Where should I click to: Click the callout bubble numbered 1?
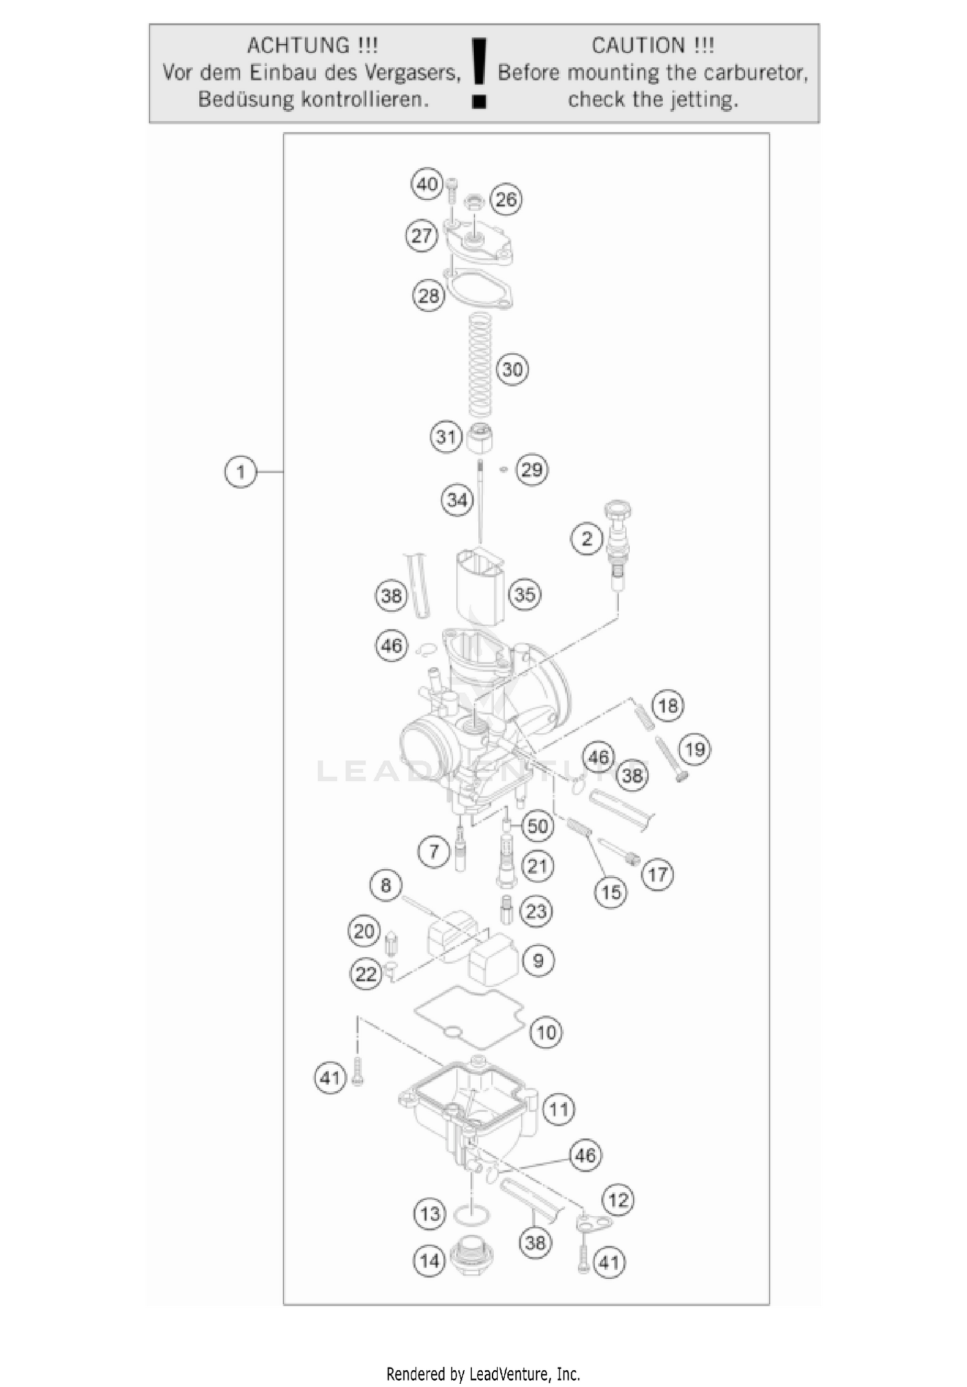(x=240, y=472)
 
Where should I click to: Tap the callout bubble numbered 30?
(x=513, y=369)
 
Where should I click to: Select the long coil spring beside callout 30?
(x=479, y=364)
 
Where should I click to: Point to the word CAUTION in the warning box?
(x=638, y=46)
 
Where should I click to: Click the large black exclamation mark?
(x=479, y=72)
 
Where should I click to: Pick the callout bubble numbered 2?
(x=587, y=538)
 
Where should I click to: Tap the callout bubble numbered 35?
(x=525, y=594)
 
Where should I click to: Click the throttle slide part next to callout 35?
(x=480, y=587)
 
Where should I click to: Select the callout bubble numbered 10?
(x=546, y=1033)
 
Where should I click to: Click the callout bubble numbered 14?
(x=429, y=1261)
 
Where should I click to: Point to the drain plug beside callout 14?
(x=472, y=1253)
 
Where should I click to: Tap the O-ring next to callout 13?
(x=472, y=1216)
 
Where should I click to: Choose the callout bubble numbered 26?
(x=506, y=199)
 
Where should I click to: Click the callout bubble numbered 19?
(x=695, y=750)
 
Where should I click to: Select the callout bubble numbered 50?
(x=538, y=826)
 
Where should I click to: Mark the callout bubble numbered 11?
(x=558, y=1109)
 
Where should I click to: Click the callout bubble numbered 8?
(x=386, y=885)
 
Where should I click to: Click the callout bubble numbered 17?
(x=658, y=875)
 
